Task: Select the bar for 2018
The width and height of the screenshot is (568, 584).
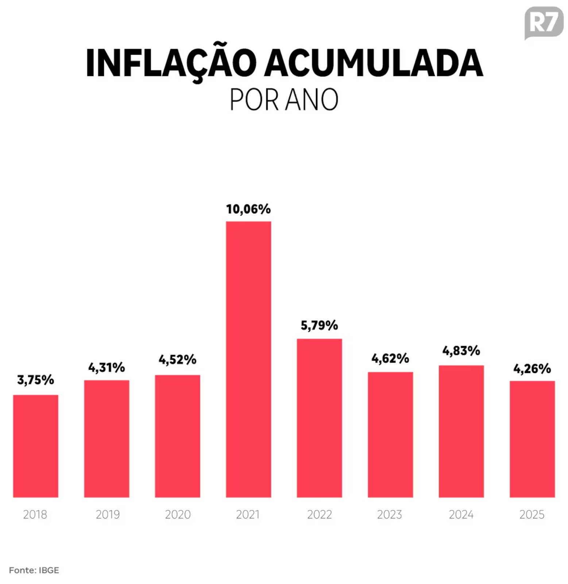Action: (x=36, y=446)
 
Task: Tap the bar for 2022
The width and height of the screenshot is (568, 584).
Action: (x=319, y=418)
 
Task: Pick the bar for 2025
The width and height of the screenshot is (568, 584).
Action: (x=532, y=439)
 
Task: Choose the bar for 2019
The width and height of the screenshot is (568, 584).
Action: (x=107, y=438)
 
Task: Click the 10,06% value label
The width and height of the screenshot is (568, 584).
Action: (x=248, y=209)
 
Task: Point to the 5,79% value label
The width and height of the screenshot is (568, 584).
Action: (x=319, y=325)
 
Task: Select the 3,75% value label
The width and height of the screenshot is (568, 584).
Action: (x=36, y=380)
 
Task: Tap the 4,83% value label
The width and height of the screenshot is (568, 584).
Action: (x=461, y=351)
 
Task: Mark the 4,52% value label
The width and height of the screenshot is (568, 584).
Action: (x=177, y=360)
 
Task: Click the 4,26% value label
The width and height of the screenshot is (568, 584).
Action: (x=532, y=369)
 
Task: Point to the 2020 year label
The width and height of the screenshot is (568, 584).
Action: (x=178, y=514)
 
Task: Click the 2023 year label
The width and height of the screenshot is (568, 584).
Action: (x=389, y=514)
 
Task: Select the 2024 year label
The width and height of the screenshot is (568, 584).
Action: (x=461, y=514)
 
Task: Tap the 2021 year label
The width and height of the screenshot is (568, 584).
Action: (x=248, y=514)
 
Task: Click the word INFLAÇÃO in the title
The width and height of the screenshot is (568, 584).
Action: (x=171, y=63)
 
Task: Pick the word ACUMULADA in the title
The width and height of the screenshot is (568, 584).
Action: (x=374, y=63)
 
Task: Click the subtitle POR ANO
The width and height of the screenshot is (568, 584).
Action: (x=284, y=99)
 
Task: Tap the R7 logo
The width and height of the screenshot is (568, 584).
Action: (x=543, y=23)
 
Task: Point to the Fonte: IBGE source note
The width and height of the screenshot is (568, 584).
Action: (x=34, y=570)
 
